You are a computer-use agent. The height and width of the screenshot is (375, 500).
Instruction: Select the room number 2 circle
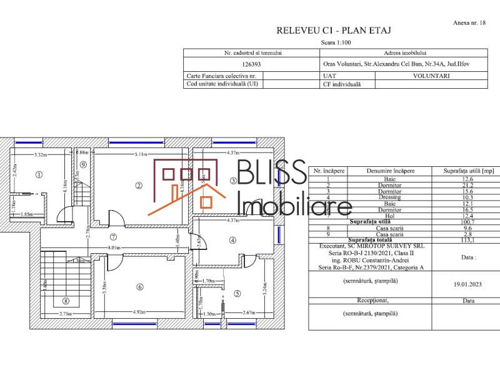click(139, 185)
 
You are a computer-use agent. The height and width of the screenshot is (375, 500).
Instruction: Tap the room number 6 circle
click(140, 287)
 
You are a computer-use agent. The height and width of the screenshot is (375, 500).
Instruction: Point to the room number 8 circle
click(66, 301)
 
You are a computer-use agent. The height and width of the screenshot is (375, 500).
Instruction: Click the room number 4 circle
click(232, 239)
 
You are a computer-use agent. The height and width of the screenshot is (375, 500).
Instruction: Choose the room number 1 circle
click(39, 176)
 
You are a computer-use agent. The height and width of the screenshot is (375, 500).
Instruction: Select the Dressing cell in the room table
click(390, 197)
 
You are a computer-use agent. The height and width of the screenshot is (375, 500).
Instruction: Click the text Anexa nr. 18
click(469, 22)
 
